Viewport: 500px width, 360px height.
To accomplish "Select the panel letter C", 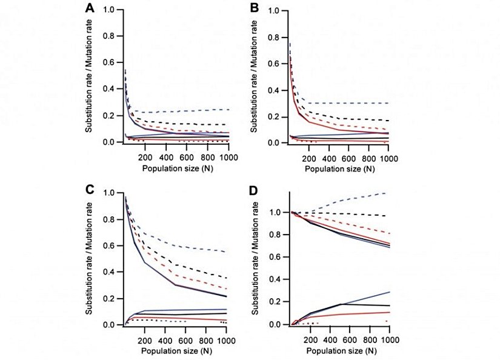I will click(x=90, y=188).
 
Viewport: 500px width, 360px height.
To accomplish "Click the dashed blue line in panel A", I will click(x=182, y=111).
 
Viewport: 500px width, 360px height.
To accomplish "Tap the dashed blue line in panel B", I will click(x=345, y=103).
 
